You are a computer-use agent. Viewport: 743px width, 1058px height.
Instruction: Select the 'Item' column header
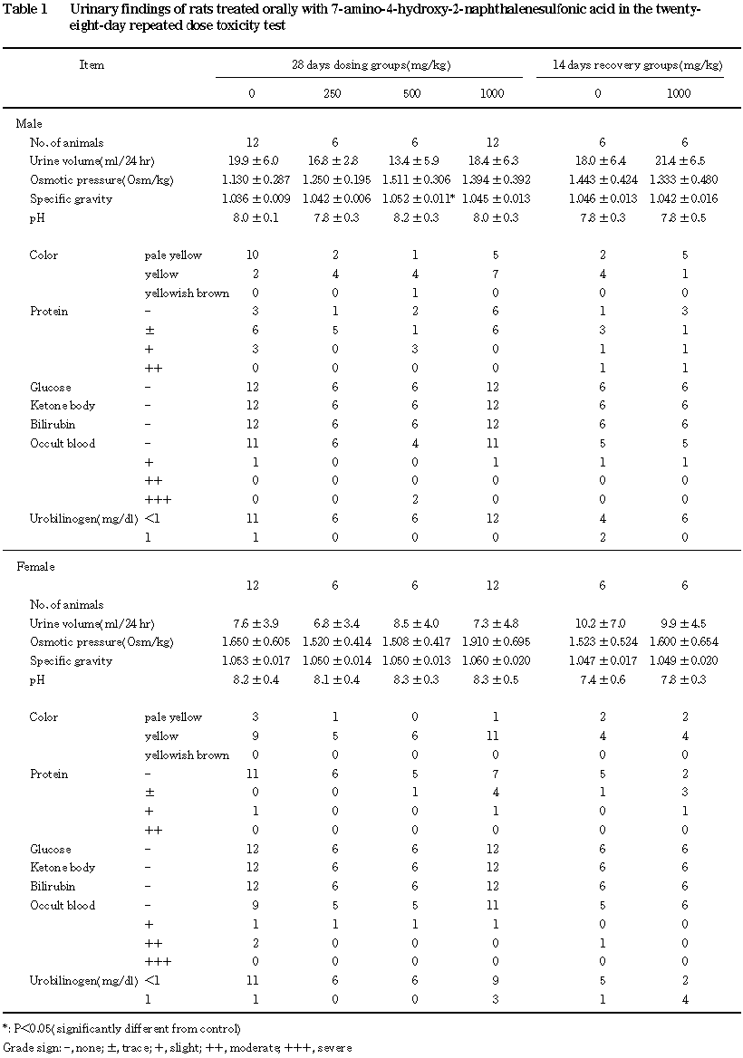[x=92, y=65]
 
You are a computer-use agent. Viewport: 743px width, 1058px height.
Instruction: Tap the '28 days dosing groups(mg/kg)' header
[x=371, y=65]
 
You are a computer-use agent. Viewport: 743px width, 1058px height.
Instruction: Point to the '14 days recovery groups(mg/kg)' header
[x=638, y=65]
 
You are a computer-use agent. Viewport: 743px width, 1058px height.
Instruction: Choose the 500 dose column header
[x=412, y=93]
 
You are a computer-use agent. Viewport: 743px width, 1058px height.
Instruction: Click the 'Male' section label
[x=30, y=123]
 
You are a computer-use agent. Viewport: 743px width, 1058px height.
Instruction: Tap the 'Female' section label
[x=36, y=567]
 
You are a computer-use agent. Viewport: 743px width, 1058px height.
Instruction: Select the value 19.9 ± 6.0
[x=252, y=161]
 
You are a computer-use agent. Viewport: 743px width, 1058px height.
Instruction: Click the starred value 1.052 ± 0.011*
[x=415, y=198]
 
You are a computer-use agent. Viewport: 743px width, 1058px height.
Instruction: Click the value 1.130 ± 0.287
[x=252, y=180]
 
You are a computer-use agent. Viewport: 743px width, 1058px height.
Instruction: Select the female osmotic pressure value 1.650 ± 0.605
[x=252, y=642]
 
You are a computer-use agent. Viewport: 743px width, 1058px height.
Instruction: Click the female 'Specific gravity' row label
[x=71, y=661]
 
